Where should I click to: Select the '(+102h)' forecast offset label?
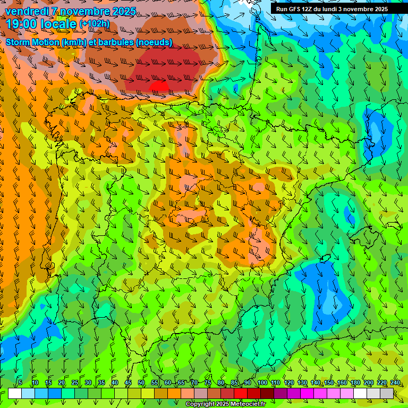click(94, 23)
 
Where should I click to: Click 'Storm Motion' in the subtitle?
click(33, 42)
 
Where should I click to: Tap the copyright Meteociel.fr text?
click(225, 404)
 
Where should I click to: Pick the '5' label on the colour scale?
click(20, 383)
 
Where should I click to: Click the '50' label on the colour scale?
click(141, 383)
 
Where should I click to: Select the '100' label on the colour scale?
click(262, 383)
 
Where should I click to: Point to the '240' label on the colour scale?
click(395, 383)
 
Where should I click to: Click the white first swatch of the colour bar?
click(15, 393)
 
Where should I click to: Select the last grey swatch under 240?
click(387, 393)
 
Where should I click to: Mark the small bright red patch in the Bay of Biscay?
click(159, 86)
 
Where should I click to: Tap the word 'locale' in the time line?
click(58, 23)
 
